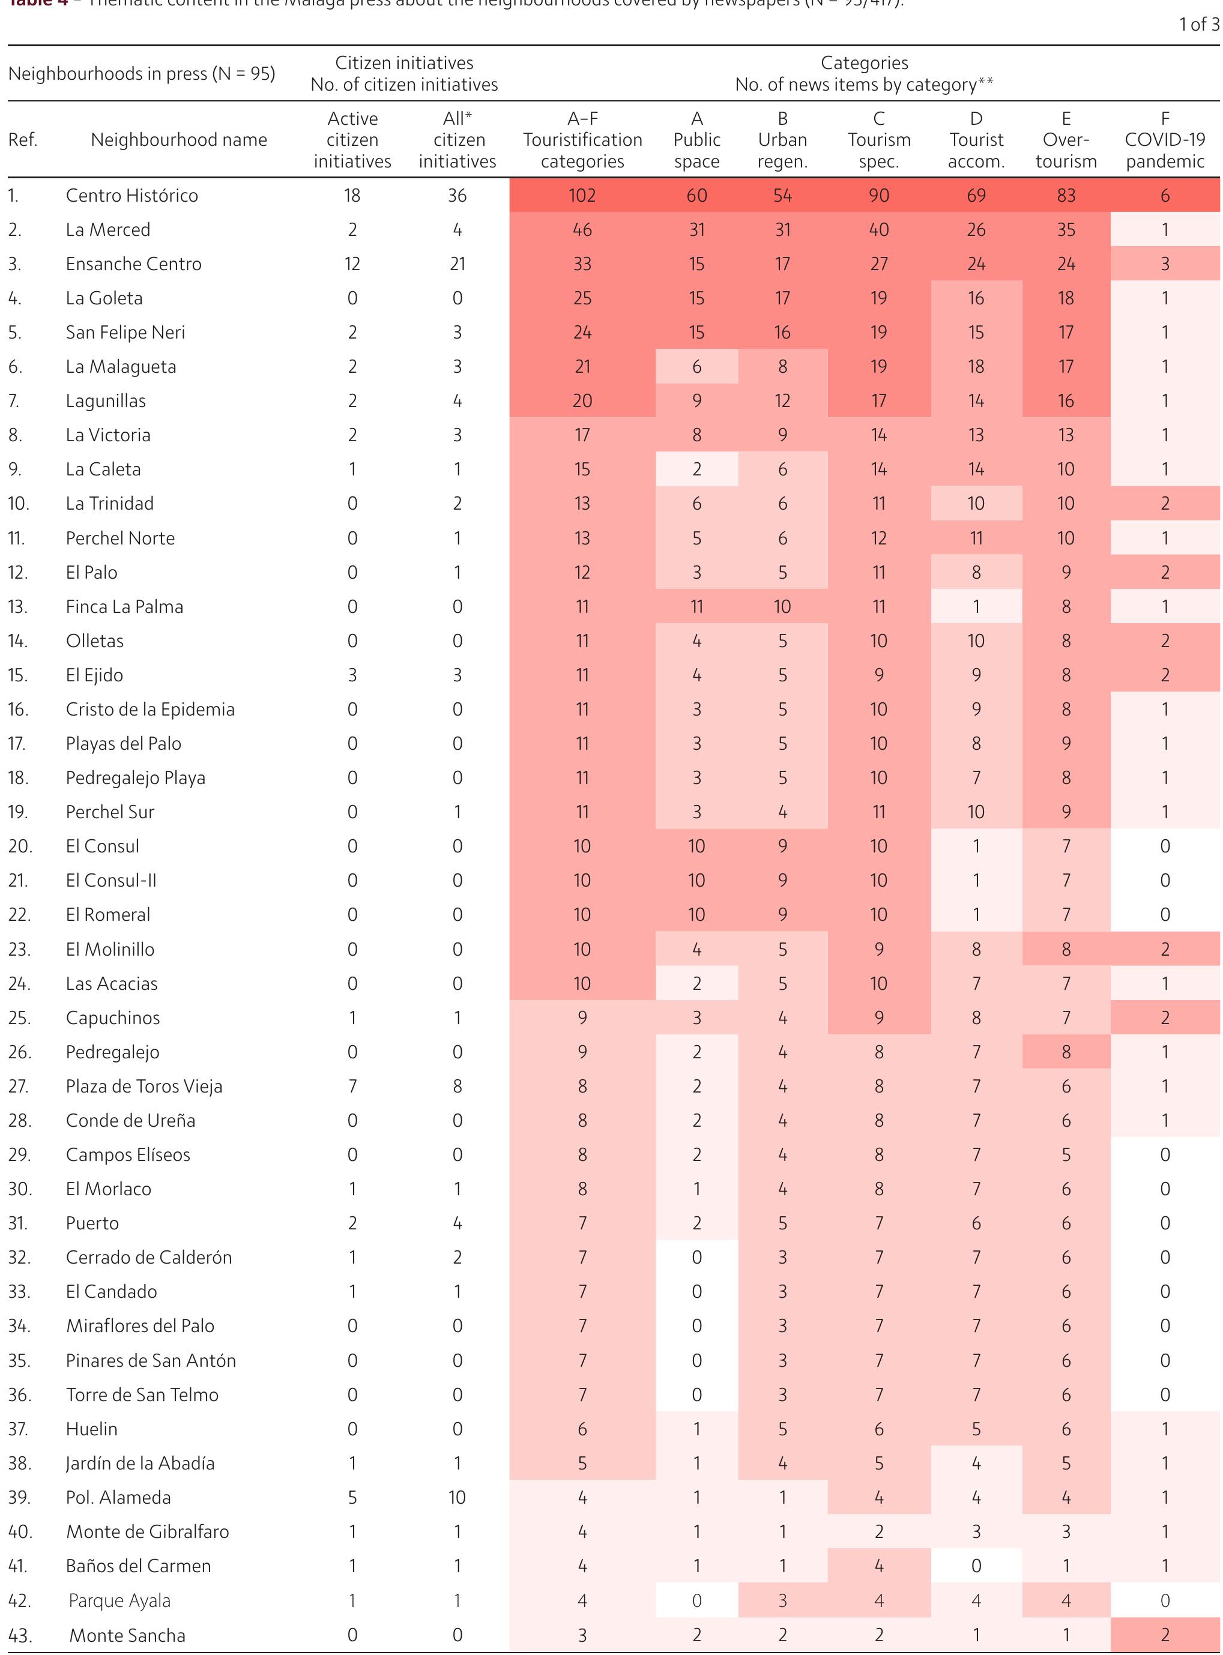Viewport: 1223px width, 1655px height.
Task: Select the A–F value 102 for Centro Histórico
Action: [582, 196]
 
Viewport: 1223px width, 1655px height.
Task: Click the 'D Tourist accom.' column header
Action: [976, 140]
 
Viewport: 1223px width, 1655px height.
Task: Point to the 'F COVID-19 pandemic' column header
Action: [1165, 140]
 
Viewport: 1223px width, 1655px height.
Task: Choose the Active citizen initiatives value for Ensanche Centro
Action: [352, 264]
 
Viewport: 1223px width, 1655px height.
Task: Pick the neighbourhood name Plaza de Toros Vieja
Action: [143, 1087]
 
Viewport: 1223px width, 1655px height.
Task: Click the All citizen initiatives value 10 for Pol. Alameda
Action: [457, 1497]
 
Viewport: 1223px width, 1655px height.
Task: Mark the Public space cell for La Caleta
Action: [696, 469]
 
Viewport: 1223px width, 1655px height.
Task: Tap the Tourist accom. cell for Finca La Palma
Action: [976, 607]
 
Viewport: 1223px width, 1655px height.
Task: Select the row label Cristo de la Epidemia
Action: [150, 709]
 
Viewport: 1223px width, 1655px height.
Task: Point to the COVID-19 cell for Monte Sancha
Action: [1165, 1635]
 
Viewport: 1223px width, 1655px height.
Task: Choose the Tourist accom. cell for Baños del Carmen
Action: [976, 1566]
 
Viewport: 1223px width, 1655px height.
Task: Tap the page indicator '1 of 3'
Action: [1198, 25]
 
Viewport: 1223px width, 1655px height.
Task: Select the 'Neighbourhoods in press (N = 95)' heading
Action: [142, 74]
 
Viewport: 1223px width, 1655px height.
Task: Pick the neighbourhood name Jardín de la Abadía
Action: [140, 1464]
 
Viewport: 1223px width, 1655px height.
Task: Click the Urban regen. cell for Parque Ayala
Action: [782, 1600]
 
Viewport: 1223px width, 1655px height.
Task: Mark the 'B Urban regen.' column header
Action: [782, 140]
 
